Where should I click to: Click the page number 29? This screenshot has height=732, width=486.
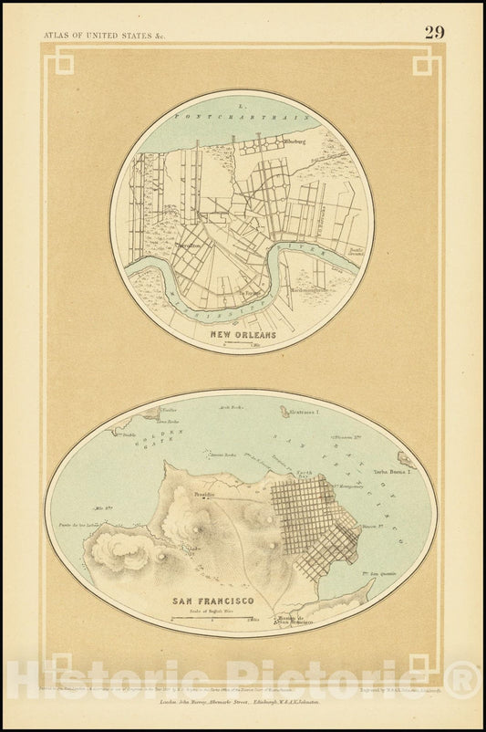pos(434,32)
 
